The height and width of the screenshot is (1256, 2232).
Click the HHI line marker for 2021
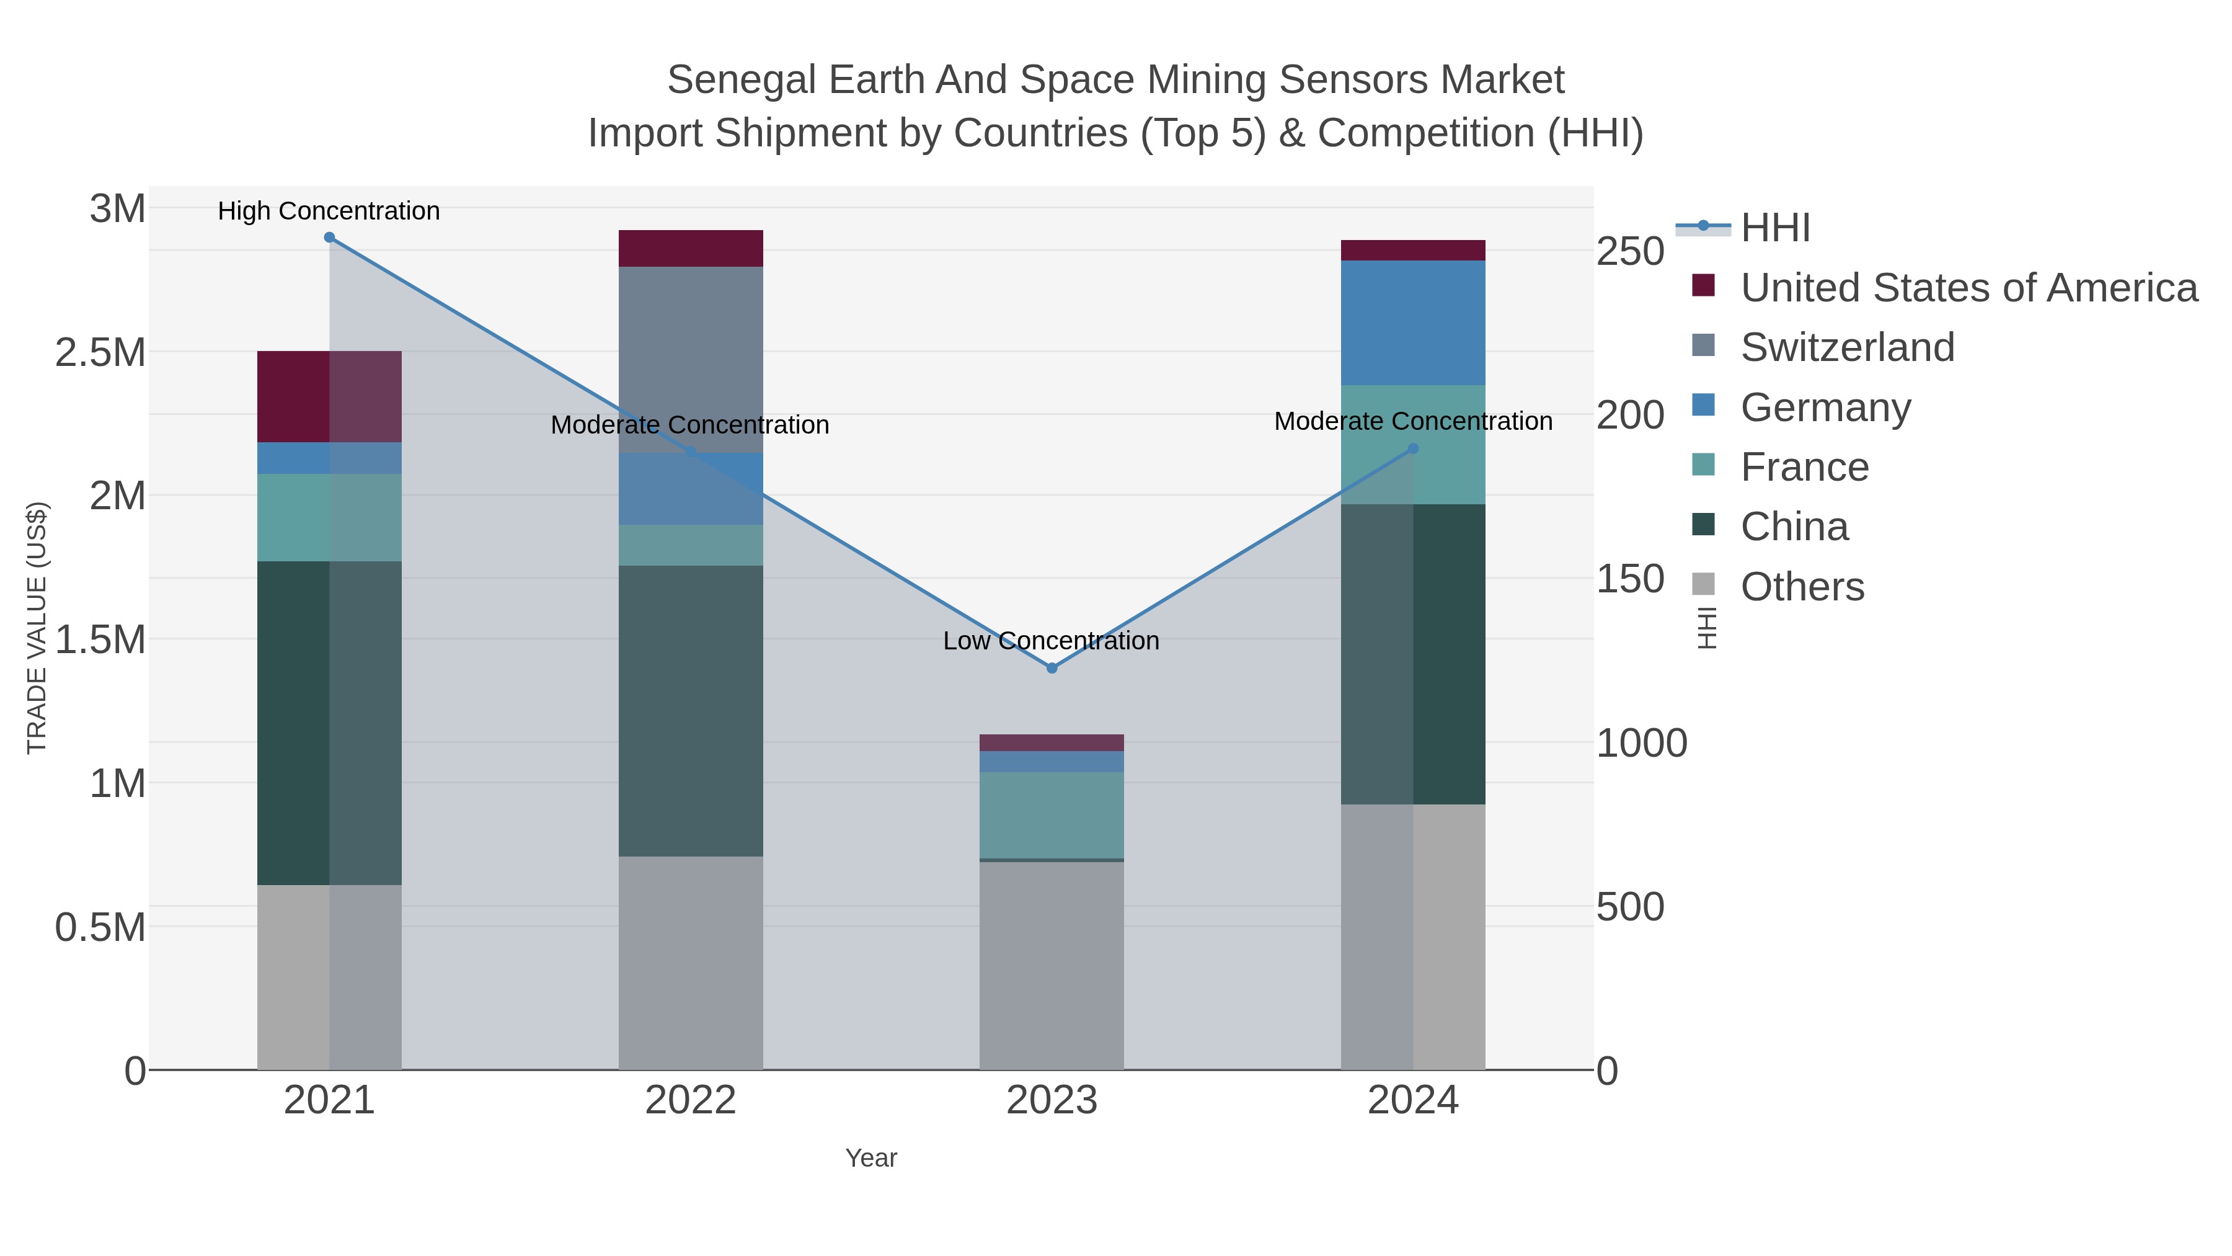pos(329,238)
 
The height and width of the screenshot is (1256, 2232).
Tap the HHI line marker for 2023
pos(1052,668)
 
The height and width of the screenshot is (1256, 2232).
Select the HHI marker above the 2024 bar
pos(1413,449)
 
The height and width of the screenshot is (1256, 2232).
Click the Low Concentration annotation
pos(1051,641)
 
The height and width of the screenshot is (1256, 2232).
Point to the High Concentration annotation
pos(329,212)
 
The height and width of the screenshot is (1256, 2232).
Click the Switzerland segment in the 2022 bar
pos(691,360)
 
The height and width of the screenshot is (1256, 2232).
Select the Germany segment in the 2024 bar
pos(1413,323)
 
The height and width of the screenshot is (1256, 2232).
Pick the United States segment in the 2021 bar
pos(329,397)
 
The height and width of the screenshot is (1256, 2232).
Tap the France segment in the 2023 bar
pos(1052,815)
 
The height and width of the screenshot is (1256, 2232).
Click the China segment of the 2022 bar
pos(691,711)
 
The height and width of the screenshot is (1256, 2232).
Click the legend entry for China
pos(1794,527)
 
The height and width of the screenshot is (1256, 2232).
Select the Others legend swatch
pos(1704,586)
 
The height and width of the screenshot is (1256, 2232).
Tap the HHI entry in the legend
pos(1774,228)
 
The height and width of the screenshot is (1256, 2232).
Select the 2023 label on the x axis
pos(1052,1101)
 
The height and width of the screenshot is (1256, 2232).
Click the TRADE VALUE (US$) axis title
pos(37,628)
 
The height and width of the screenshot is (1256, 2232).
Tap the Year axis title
pos(871,1158)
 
